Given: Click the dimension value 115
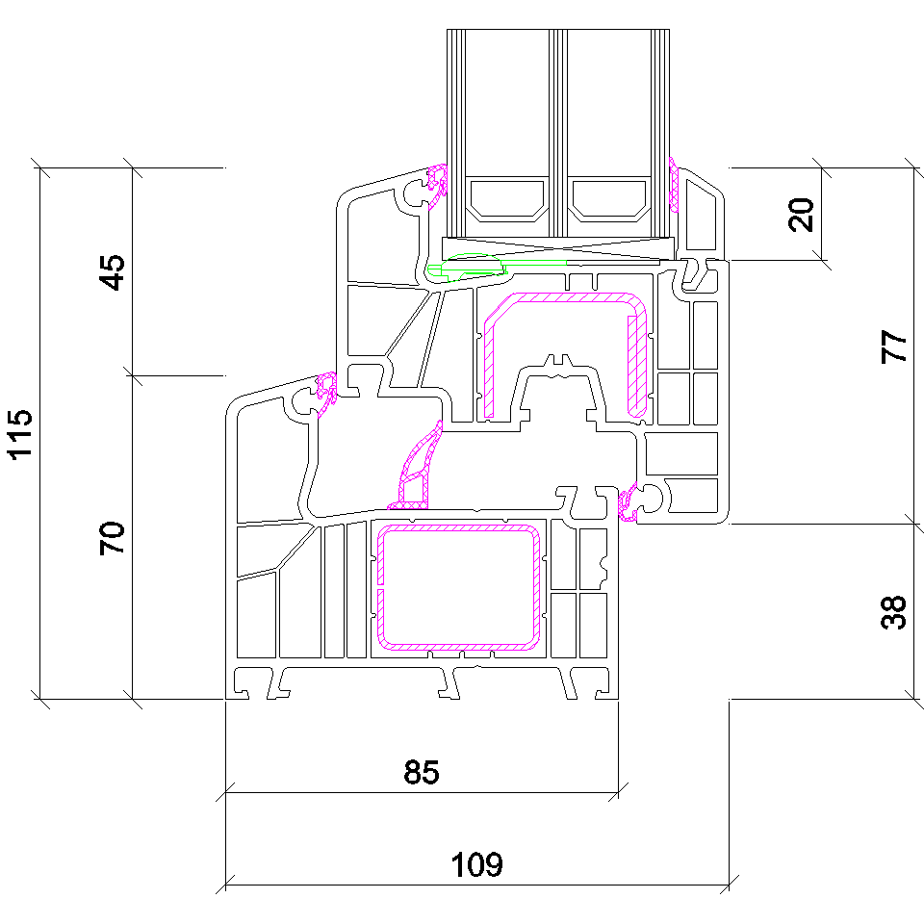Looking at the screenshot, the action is coord(20,434).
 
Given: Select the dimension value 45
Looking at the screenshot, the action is coord(113,272).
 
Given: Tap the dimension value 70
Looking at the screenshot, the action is coord(113,538).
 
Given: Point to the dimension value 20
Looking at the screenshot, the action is coord(801,215).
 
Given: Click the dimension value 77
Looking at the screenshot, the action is coord(893,346).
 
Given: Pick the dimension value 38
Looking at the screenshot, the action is coord(893,612).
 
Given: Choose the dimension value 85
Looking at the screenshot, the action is coord(422,771).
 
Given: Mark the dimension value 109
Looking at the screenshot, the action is coord(476,864).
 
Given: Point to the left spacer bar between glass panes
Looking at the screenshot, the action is coord(507,200).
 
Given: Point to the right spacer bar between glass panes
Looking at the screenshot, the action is coord(609,200).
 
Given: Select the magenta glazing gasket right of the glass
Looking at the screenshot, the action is coord(674,184).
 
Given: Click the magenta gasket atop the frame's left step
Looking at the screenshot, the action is coord(326,394).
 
